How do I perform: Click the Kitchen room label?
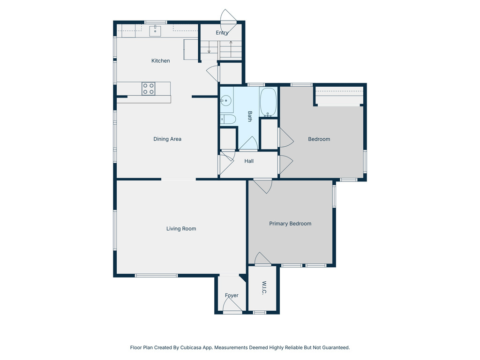[160, 60]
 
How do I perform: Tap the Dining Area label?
[167, 139]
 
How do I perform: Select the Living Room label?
[181, 229]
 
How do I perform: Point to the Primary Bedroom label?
[290, 224]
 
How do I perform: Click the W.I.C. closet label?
[264, 288]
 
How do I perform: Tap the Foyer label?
[232, 295]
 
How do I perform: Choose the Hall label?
[249, 161]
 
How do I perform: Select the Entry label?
[222, 33]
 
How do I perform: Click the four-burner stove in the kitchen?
[149, 89]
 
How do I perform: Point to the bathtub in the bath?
[269, 102]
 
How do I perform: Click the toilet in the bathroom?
[228, 119]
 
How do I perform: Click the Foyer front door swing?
[232, 306]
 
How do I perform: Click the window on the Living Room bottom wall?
[156, 275]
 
